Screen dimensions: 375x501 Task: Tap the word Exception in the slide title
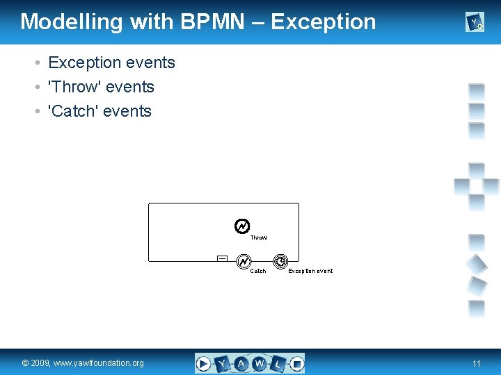(324, 22)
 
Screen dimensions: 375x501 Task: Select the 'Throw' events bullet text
(100, 87)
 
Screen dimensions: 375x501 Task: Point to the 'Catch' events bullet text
(99, 111)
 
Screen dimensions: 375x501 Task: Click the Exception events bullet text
(111, 62)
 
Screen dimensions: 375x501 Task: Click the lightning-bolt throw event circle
(242, 226)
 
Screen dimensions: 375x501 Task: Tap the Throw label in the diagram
(258, 237)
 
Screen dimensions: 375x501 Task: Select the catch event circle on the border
(244, 262)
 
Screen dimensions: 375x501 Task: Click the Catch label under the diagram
(257, 271)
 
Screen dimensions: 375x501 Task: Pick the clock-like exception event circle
(280, 262)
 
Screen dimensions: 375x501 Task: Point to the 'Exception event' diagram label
(310, 271)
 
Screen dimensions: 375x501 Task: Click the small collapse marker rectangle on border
(222, 258)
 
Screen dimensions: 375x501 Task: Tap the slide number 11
(476, 363)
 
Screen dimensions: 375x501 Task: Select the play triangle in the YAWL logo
(203, 363)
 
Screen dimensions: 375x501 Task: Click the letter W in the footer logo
(260, 363)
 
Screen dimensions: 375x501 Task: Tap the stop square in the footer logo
(296, 363)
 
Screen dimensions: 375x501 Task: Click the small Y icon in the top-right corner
(475, 24)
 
